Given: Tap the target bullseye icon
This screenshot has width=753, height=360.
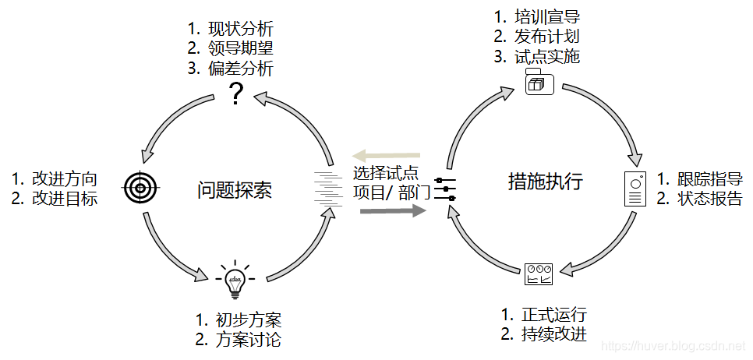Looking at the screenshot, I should click(141, 186).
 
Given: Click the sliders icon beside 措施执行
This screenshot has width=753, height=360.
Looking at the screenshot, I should click(446, 188).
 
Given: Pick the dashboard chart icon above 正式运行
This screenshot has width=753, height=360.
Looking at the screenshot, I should click(539, 273).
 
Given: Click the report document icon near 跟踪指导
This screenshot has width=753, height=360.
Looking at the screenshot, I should click(635, 188).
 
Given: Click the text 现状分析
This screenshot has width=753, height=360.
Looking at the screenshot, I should click(241, 30).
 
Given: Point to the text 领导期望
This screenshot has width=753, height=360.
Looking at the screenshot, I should click(241, 49).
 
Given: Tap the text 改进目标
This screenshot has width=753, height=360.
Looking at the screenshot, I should click(65, 198).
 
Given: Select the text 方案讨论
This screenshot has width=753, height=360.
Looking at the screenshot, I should click(249, 340).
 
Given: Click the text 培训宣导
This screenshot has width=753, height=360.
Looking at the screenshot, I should click(547, 16).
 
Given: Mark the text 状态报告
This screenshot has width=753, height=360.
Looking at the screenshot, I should click(710, 198).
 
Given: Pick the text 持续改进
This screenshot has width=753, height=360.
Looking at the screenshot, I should click(554, 335).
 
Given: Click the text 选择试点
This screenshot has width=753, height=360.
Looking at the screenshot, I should click(386, 173).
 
